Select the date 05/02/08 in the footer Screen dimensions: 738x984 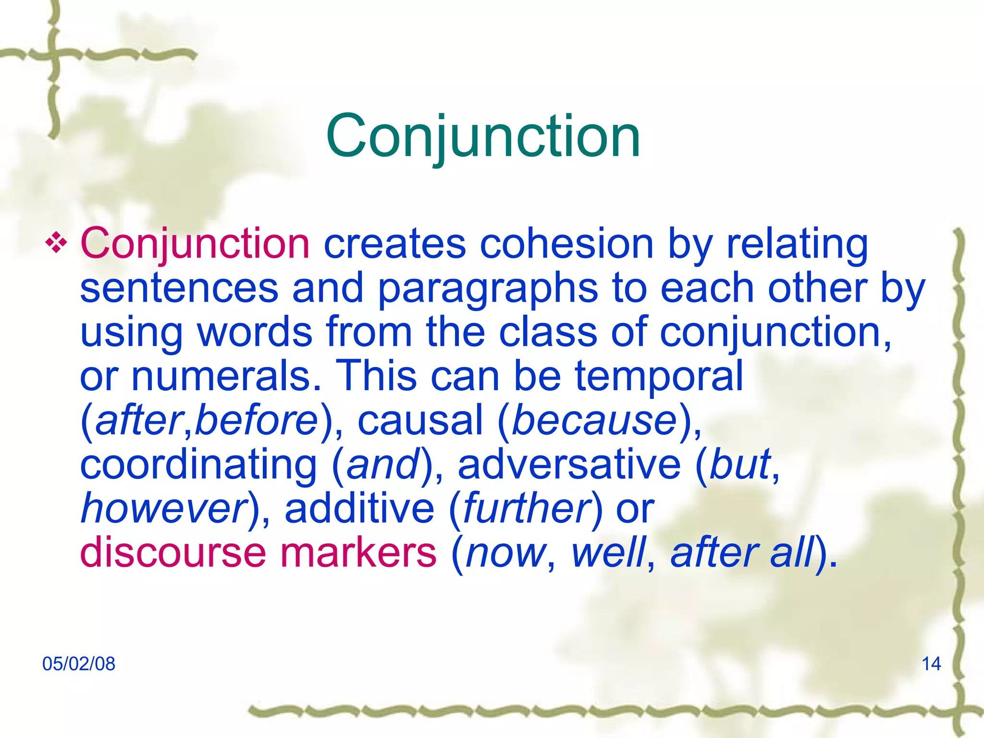(79, 664)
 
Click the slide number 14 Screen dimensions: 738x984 (931, 664)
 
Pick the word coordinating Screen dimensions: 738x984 (198, 465)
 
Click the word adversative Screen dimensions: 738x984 (569, 465)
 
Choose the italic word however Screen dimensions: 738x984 (163, 508)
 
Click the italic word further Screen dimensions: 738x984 (527, 508)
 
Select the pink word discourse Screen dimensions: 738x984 (172, 553)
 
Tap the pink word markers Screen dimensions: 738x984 (358, 553)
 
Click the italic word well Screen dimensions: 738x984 (608, 553)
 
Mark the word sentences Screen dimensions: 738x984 (179, 288)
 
